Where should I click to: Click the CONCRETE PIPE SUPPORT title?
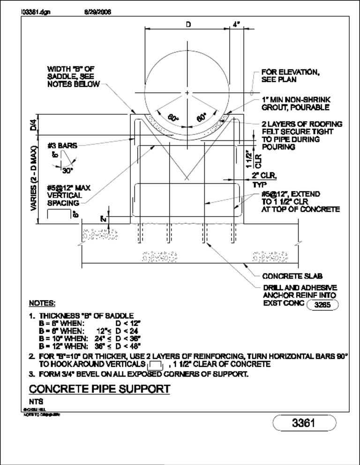(99, 389)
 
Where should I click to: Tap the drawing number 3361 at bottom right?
(304, 423)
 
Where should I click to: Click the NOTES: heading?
(42, 303)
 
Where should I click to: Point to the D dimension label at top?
(187, 24)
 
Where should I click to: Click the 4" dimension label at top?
(236, 24)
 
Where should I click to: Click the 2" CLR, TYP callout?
(265, 180)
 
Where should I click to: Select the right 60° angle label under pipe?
(202, 118)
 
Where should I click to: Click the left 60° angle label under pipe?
(173, 118)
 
